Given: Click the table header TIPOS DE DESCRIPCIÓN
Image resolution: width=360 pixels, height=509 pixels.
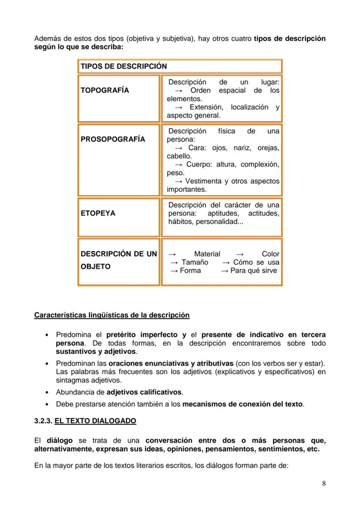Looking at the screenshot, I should pos(123,66).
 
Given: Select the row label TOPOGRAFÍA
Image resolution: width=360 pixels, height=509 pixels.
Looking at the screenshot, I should pos(105,90).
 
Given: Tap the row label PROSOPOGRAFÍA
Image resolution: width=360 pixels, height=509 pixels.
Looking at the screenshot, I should pos(113,140).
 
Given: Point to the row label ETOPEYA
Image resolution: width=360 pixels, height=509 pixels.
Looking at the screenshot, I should pos(98,213).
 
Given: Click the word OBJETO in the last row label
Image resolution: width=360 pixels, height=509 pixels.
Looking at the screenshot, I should pos(96,266).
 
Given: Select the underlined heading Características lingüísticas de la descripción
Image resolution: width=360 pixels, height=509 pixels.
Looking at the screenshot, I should pos(112,315).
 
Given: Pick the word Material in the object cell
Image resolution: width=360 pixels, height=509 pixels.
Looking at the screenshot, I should pos(207,254).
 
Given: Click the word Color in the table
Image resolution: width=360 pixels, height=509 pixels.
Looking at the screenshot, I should pos(270,254).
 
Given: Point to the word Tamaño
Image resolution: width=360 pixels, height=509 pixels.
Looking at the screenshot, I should pos(195,262).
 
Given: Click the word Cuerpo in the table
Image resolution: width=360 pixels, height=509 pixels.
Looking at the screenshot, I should pos(200,164).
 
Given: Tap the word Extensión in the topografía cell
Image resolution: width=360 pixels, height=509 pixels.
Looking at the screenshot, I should pos(207,107).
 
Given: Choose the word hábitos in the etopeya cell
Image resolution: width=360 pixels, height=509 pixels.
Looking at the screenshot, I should pos(180,222).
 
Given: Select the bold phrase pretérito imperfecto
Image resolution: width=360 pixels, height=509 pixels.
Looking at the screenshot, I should pos(141,335).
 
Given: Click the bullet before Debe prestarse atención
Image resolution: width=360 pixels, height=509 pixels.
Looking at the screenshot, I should pos(47,404).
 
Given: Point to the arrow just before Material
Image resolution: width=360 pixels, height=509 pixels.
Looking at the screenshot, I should pos(172,254).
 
